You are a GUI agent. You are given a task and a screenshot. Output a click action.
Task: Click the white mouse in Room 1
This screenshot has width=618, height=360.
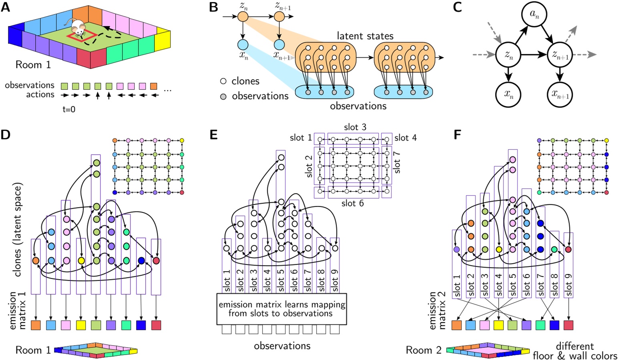point(77,27)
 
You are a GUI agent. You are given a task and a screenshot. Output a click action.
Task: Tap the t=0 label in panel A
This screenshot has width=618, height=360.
point(69,109)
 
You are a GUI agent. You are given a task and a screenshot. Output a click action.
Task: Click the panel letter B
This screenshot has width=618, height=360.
point(214,7)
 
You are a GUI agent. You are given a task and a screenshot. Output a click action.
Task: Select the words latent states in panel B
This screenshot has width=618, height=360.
point(365,36)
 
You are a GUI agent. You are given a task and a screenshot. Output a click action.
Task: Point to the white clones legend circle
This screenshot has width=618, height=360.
point(223,81)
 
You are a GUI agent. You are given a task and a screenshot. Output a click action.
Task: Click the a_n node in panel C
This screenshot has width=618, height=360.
point(534,15)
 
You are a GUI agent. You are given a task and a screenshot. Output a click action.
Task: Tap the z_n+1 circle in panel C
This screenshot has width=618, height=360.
point(560,55)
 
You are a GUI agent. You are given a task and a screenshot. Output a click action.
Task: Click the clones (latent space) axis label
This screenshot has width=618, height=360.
point(17,230)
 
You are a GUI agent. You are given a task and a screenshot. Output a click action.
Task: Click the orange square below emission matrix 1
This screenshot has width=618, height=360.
point(36,325)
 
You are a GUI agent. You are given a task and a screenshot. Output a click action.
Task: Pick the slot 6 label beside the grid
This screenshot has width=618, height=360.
point(352,203)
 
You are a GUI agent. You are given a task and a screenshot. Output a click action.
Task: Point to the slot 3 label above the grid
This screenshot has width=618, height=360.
point(355,127)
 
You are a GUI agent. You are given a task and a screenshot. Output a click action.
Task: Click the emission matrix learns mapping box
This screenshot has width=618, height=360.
point(281,309)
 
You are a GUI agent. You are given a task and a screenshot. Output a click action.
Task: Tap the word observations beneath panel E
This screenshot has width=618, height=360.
point(282,346)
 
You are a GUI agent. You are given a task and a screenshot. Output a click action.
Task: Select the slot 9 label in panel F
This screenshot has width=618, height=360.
point(568,285)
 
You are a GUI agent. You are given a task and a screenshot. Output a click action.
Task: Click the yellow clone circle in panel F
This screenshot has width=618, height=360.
point(499,249)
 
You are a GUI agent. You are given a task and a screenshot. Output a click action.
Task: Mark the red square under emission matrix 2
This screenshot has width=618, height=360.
point(568,325)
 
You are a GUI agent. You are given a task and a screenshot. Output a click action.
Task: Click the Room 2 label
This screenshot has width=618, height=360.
point(423,350)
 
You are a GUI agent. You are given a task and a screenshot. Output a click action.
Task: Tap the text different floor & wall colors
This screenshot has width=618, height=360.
point(575,351)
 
